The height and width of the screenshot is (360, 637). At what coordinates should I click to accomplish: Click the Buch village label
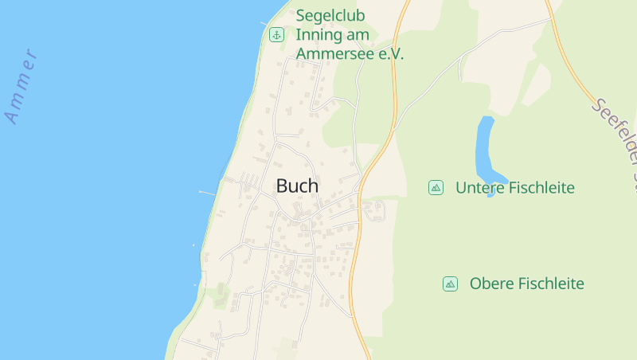(297, 186)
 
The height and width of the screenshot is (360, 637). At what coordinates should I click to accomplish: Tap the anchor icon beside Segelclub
(276, 34)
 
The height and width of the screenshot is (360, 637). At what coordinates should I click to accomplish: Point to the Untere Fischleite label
(514, 188)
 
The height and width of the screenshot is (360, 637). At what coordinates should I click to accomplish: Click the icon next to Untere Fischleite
(436, 187)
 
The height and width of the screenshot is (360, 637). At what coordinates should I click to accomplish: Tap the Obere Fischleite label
(526, 284)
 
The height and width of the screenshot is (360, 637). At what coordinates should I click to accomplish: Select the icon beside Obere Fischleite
(450, 284)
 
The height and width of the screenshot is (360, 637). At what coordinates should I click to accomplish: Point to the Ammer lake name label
(21, 88)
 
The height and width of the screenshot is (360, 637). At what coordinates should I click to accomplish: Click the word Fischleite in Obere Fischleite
(549, 284)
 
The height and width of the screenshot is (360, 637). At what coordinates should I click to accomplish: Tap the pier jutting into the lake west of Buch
(207, 193)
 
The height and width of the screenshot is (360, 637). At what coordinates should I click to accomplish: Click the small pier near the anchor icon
(264, 24)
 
